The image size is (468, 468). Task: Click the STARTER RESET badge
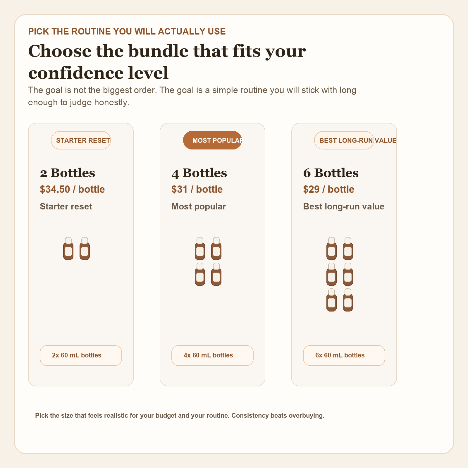[81, 140]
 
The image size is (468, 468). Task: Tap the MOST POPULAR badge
[212, 140]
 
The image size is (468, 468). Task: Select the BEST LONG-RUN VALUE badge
[344, 140]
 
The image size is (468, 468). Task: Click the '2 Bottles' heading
[68, 173]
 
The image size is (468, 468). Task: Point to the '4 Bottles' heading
[199, 173]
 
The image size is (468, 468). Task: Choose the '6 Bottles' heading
[331, 173]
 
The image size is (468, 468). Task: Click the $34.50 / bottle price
[72, 189]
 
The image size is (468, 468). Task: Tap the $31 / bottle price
[197, 189]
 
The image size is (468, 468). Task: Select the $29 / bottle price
[328, 189]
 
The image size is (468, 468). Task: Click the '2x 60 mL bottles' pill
[81, 355]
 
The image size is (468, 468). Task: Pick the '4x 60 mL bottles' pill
[212, 355]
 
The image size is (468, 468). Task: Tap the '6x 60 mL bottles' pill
[344, 355]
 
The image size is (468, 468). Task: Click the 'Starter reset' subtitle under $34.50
[66, 207]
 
